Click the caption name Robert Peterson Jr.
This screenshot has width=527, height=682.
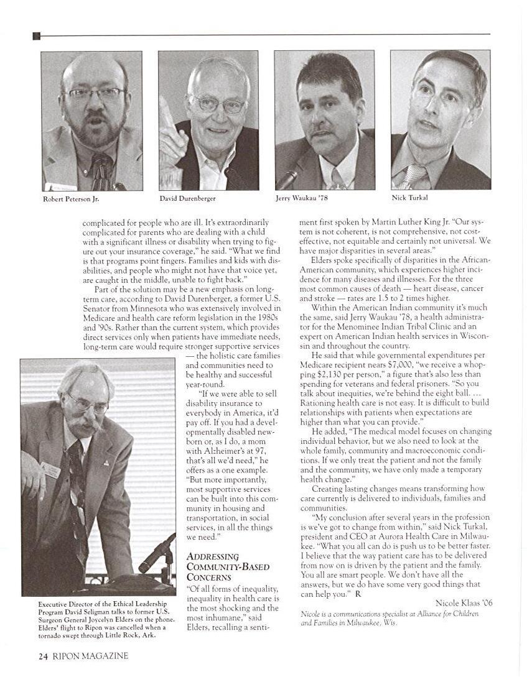pos(70,200)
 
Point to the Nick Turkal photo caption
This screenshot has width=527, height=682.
pos(409,198)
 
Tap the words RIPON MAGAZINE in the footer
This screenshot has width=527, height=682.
pos(90,656)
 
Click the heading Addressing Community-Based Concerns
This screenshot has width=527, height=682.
pos(212,566)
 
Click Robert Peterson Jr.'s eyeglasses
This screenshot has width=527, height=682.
pos(93,94)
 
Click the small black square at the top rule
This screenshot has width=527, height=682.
pos(36,36)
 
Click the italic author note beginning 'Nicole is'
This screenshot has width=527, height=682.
pos(389,618)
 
